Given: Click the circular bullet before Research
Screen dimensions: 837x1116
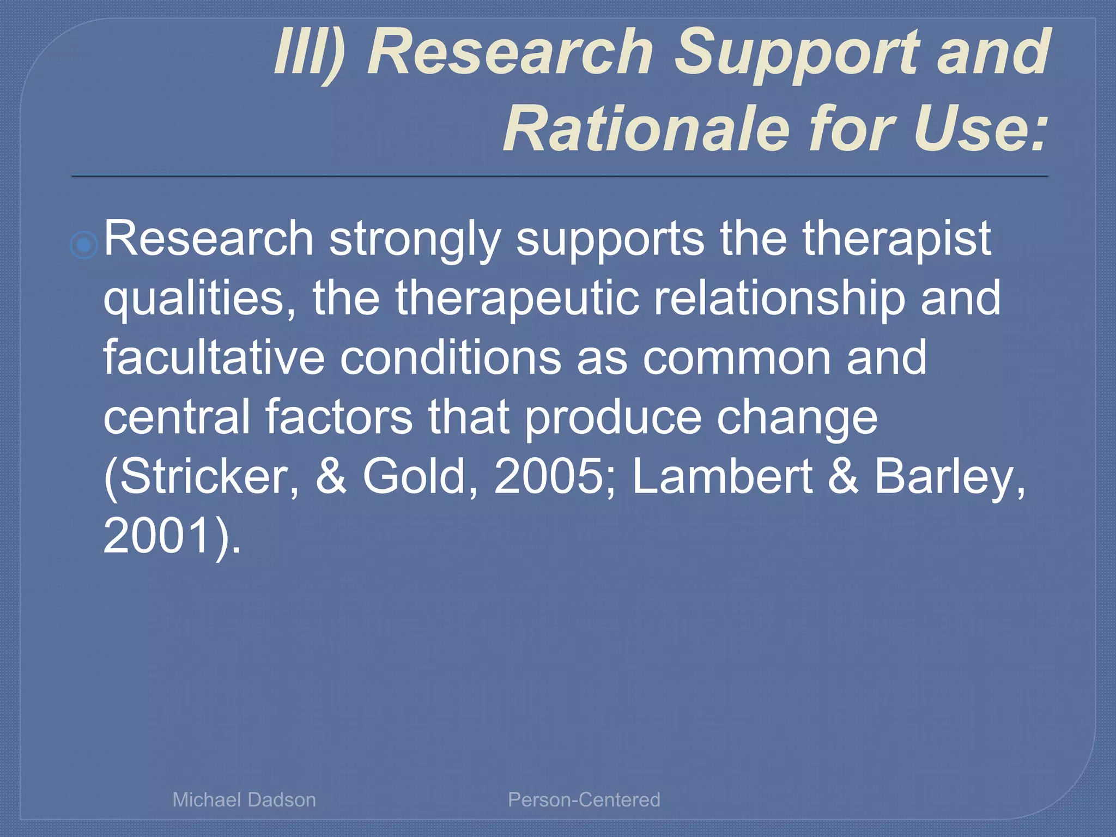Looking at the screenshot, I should tap(84, 245).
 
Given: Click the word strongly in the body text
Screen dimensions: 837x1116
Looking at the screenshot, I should tap(414, 240).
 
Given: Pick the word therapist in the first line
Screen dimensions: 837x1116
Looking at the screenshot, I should tap(896, 240).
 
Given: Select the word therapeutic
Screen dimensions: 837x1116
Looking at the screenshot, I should tap(517, 300).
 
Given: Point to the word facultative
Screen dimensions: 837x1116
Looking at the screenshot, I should tap(214, 358).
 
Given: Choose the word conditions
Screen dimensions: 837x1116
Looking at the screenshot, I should tap(451, 358).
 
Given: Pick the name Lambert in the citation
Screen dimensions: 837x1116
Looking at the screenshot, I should tap(722, 477).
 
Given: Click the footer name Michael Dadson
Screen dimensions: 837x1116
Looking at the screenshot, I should tap(244, 799).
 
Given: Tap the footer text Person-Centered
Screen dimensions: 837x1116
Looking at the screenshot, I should tap(584, 799).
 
